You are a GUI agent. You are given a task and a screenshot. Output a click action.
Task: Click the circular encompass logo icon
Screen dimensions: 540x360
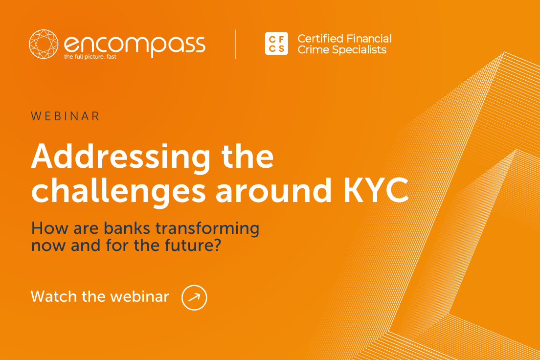(44, 44)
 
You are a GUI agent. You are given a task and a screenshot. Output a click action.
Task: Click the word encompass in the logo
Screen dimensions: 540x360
(135, 45)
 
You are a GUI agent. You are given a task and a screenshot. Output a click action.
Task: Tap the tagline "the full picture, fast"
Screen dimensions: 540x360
(90, 57)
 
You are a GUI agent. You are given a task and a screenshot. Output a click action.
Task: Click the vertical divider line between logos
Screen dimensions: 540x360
(235, 44)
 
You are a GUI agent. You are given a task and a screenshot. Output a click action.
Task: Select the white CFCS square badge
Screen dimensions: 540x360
(276, 44)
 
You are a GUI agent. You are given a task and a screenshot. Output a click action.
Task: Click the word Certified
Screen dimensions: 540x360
(320, 38)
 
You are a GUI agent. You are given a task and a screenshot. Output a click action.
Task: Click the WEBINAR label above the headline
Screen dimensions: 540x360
(65, 116)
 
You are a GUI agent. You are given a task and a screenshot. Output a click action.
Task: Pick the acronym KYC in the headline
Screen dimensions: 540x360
(376, 190)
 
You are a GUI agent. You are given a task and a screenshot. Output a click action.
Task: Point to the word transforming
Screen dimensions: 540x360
(207, 229)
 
